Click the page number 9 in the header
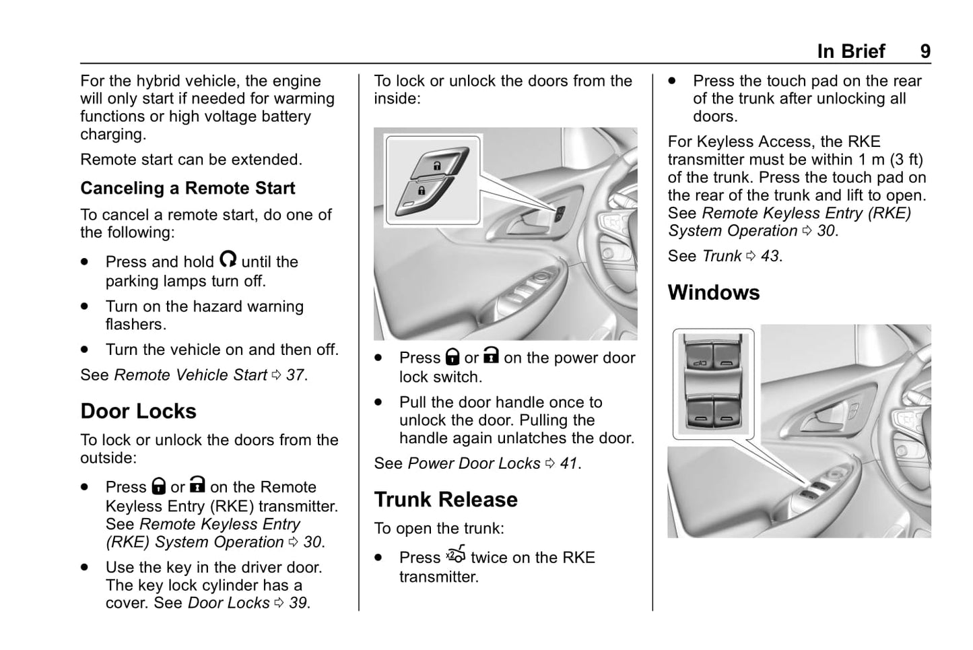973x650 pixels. (x=925, y=52)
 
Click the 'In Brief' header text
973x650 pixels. (x=850, y=52)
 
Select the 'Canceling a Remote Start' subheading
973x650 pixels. (x=187, y=188)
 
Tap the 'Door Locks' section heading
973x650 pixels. (x=138, y=411)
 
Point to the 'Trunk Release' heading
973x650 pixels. (x=446, y=499)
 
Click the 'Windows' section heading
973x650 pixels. (x=713, y=292)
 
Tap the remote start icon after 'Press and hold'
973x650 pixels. (x=228, y=260)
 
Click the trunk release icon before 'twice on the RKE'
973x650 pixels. (x=456, y=556)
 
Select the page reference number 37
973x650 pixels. (x=295, y=375)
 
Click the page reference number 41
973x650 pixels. (x=568, y=463)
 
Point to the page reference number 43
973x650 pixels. (x=770, y=256)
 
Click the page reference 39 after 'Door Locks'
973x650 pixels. (x=298, y=603)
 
